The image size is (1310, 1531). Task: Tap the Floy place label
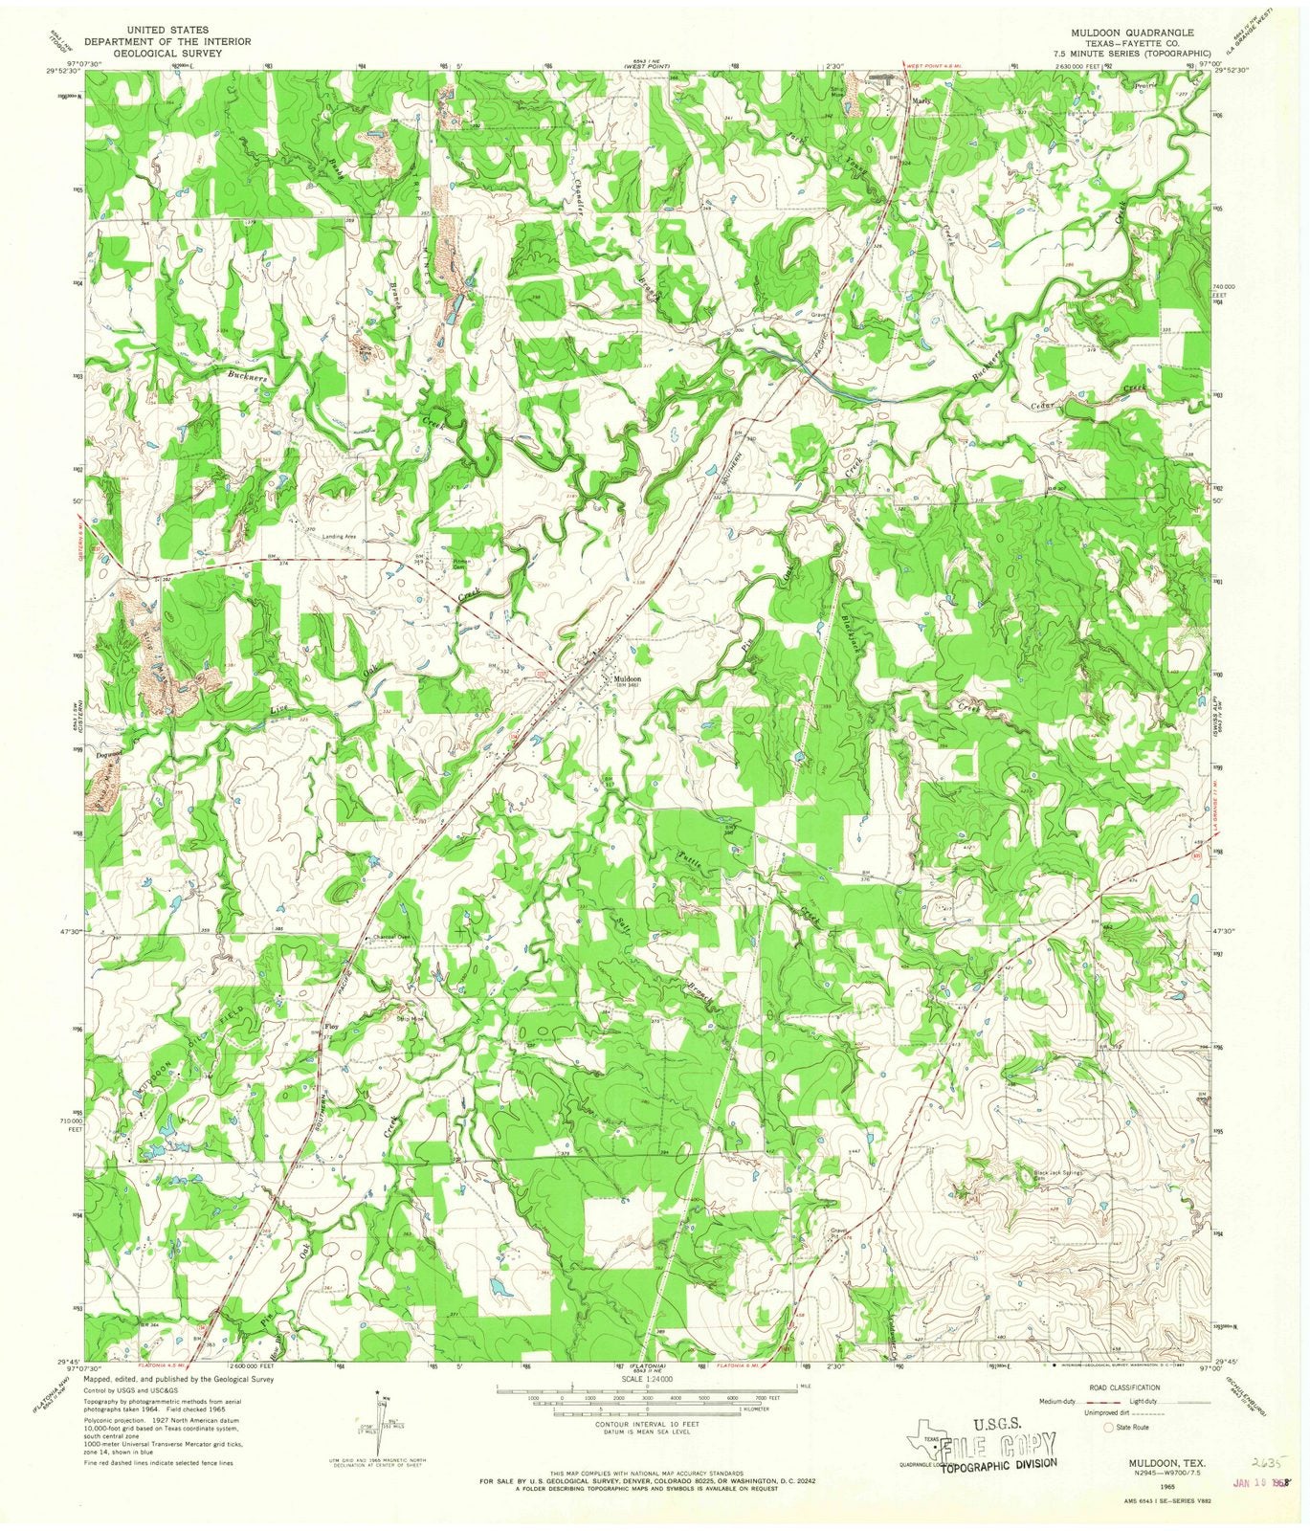pos(332,1027)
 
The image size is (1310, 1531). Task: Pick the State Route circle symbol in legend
pos(1110,1427)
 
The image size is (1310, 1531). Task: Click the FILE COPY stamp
pos(1000,1444)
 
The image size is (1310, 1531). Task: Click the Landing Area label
pos(339,537)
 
